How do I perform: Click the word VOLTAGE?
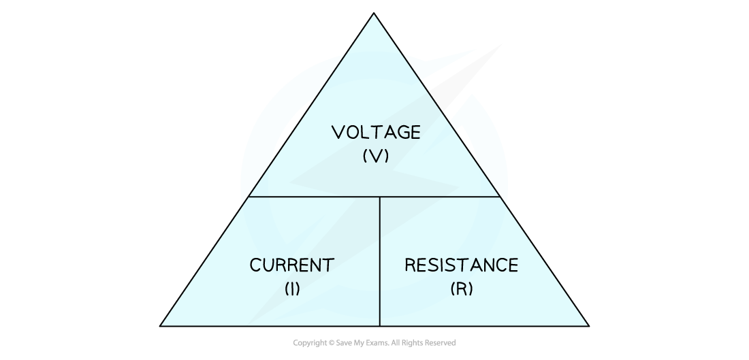click(376, 132)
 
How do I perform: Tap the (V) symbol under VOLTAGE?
click(376, 156)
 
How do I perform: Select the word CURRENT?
click(292, 265)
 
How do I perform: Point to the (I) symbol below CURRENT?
click(292, 289)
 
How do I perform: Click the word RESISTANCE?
click(462, 265)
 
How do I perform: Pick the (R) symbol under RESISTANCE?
click(462, 289)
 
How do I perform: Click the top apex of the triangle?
click(374, 13)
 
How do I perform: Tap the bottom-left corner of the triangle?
click(160, 326)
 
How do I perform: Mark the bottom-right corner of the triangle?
click(589, 326)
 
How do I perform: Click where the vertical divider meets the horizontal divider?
click(380, 197)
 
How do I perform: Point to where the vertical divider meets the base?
click(380, 326)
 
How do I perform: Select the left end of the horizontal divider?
click(249, 197)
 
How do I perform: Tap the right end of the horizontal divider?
click(500, 197)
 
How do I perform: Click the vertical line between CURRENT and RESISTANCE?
click(380, 261)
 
